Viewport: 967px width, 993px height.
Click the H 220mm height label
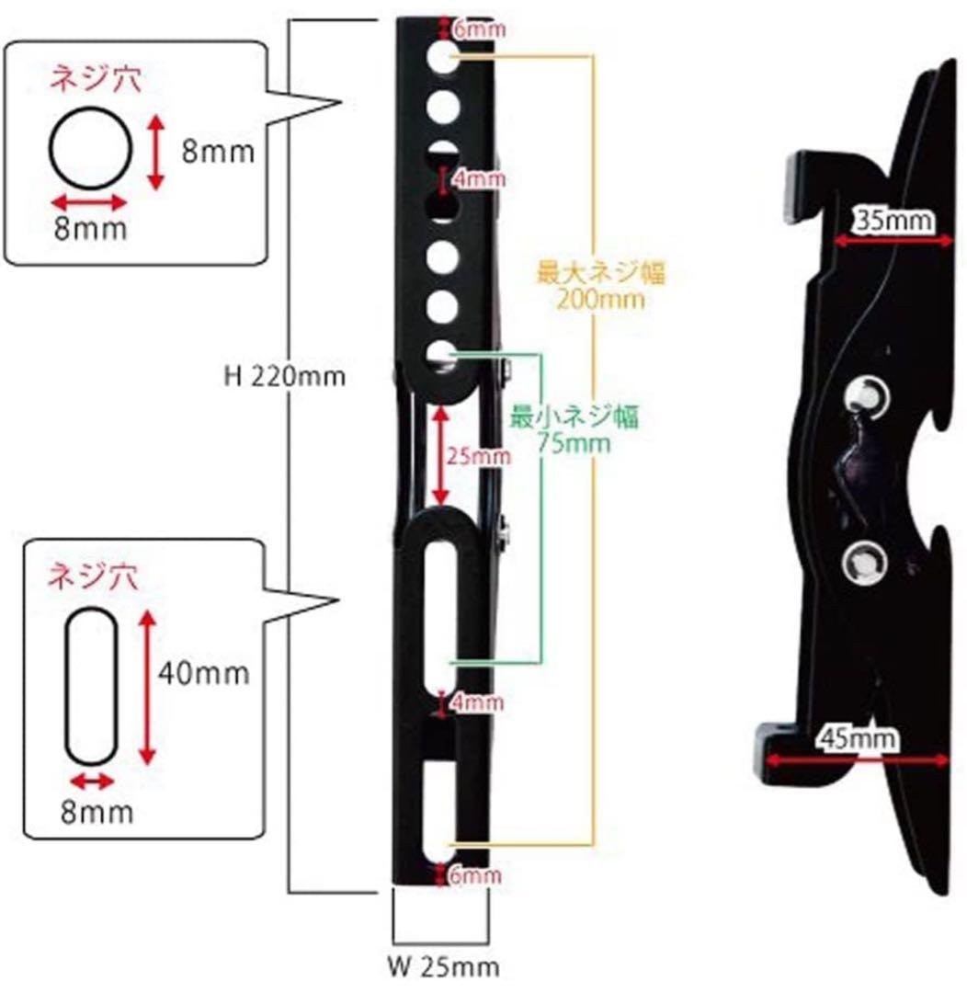[285, 377]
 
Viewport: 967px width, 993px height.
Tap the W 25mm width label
[443, 966]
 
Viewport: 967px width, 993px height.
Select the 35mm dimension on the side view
[894, 221]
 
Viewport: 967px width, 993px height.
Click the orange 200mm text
[599, 298]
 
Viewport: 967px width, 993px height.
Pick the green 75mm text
[574, 442]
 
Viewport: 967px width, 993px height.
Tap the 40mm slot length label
[203, 672]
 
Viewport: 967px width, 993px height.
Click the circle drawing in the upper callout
[91, 149]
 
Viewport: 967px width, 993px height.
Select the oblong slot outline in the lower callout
[91, 687]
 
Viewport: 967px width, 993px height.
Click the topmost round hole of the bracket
[443, 56]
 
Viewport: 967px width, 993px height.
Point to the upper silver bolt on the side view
[866, 396]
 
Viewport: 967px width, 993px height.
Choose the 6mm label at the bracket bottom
[475, 875]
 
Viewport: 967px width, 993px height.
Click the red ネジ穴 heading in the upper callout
[96, 80]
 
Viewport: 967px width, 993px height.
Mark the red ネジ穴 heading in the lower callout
[93, 577]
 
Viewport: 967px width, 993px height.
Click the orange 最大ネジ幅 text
[601, 274]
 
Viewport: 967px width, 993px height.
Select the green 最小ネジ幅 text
[575, 417]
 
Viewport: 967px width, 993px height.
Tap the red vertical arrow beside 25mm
[440, 456]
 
